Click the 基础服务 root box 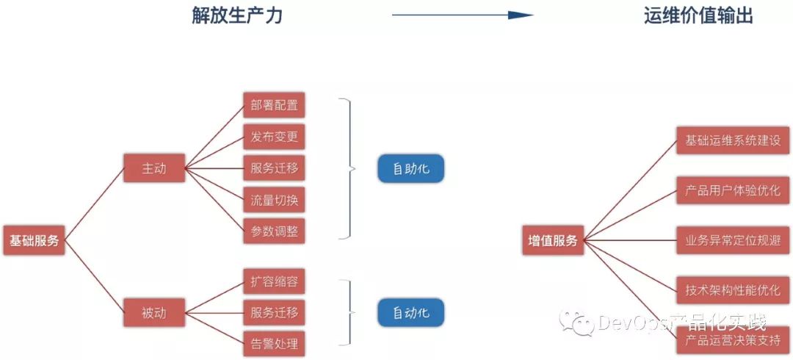[34, 240]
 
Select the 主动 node [154, 168]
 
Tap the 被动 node [154, 313]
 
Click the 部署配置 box [274, 105]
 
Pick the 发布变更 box [274, 137]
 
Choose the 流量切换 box [274, 199]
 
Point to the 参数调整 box [274, 231]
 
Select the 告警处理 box [274, 344]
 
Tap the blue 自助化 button [410, 169]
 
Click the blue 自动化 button [410, 313]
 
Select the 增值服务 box [553, 240]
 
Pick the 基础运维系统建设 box [732, 140]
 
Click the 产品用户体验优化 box [732, 190]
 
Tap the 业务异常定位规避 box [732, 240]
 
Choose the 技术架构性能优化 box [732, 289]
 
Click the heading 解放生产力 [236, 16]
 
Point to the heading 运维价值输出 [698, 16]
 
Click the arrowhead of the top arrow [522, 15]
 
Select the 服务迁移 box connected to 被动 [274, 313]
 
